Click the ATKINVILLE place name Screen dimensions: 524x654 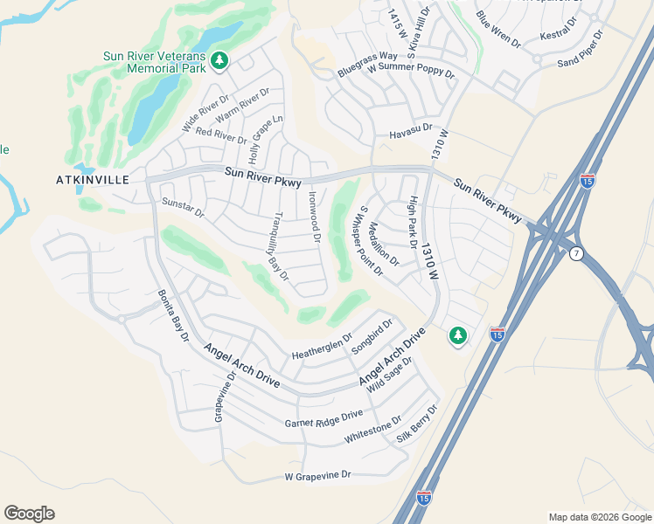tap(93, 180)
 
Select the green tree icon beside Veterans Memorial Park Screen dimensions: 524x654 tap(219, 61)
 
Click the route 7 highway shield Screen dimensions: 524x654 tap(575, 254)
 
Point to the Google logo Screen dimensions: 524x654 tap(29, 514)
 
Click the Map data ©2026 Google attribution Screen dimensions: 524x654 tap(600, 517)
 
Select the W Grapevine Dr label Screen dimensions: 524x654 tap(317, 476)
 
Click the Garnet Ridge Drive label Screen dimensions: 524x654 tap(324, 420)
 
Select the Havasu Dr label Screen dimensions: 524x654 tap(410, 130)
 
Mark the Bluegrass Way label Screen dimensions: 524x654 tap(367, 65)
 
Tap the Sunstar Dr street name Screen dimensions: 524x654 tap(183, 208)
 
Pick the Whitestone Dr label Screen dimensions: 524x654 tap(373, 431)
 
